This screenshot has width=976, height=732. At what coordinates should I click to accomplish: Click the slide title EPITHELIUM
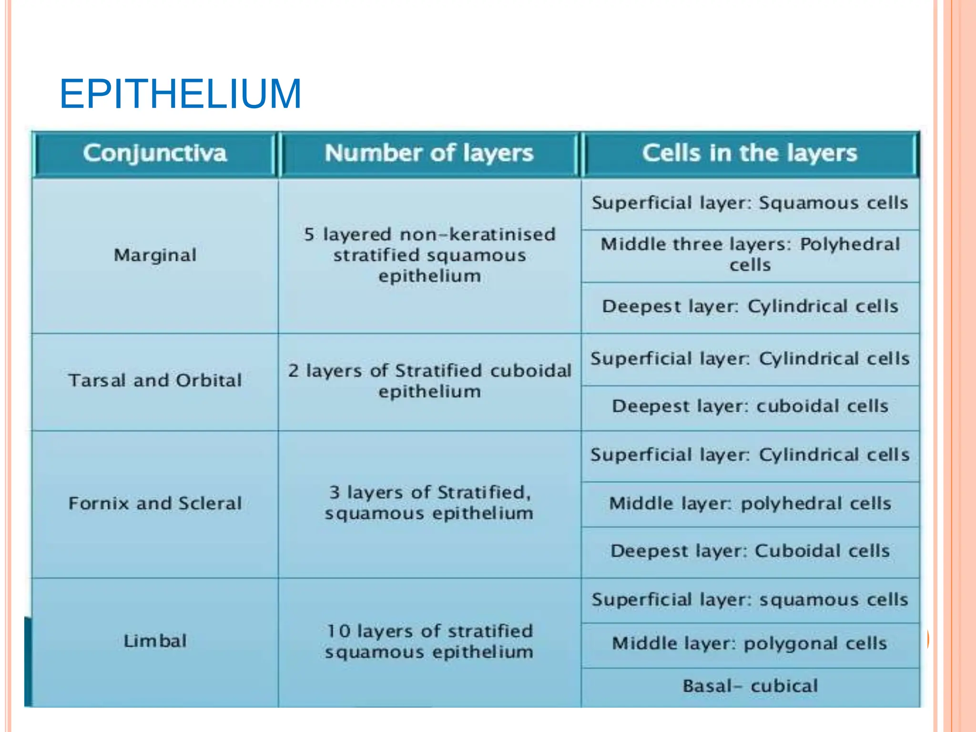coord(180,94)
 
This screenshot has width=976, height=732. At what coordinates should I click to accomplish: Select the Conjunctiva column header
coord(155,153)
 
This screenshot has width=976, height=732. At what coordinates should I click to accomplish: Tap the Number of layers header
coord(429,153)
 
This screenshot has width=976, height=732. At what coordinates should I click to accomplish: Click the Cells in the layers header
coord(750,153)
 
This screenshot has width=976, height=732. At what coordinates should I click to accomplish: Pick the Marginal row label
coord(155,255)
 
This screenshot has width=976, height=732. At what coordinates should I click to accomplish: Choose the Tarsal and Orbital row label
coord(155,380)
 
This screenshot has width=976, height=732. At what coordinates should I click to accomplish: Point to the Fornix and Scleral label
coord(155,503)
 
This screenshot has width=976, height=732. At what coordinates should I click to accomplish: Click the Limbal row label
coord(155,641)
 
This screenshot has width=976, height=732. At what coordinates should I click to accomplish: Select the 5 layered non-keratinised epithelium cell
coord(429,255)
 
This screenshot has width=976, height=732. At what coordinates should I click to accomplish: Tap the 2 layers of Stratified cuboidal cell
coord(429,381)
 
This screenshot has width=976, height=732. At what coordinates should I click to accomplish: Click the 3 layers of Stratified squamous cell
coord(429,503)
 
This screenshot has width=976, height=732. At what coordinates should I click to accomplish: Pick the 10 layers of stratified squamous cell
coord(429,641)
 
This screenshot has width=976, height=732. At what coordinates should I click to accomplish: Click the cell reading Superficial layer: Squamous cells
coord(750,203)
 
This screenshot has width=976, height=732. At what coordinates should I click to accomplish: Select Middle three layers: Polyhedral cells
coord(750,254)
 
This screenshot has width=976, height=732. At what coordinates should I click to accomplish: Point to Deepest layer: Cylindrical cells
coord(750,306)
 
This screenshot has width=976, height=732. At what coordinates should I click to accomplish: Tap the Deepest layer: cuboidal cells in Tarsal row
coord(750,406)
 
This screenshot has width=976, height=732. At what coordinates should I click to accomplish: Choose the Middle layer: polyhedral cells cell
coord(750,503)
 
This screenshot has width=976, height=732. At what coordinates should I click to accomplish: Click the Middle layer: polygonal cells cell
coord(750,643)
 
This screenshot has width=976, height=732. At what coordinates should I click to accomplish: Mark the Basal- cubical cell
coord(750,686)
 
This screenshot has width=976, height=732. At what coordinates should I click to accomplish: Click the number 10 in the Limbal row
coord(339,631)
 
